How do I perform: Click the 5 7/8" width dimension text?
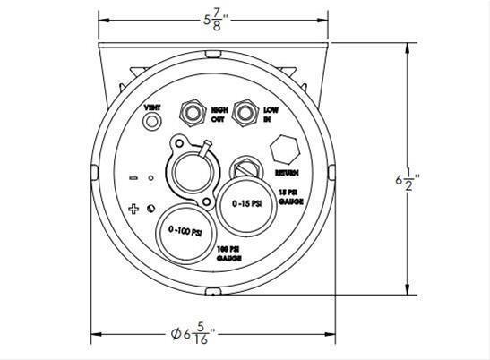click(x=212, y=17)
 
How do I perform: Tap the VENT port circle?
click(x=154, y=121)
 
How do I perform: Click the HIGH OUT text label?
click(x=218, y=114)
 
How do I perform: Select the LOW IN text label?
click(x=270, y=114)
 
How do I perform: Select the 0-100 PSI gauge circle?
click(x=183, y=232)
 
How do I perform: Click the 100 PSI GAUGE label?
click(x=229, y=253)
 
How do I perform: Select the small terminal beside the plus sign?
click(x=151, y=209)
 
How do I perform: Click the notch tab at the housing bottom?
click(x=212, y=292)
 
